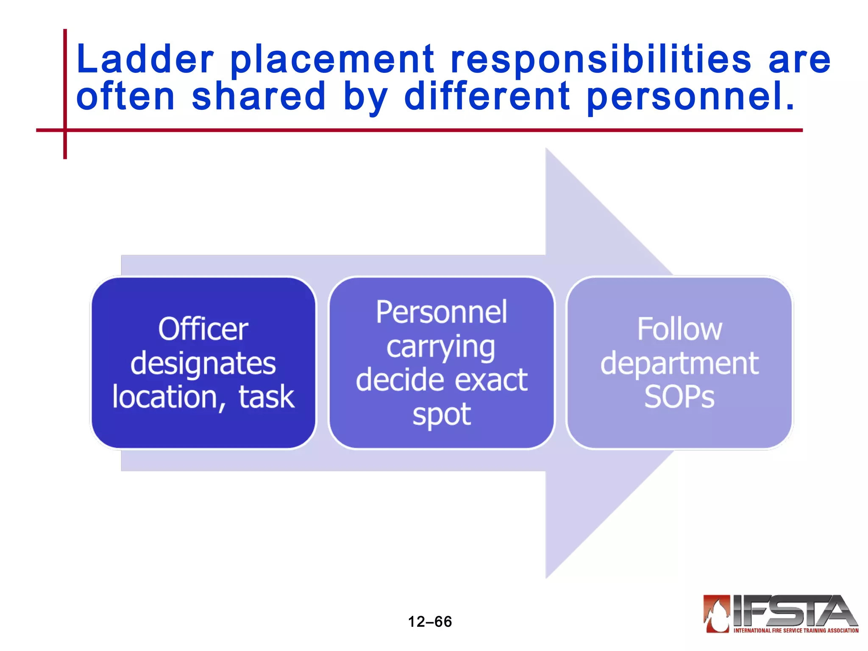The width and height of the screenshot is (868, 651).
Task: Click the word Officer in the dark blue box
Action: pyautogui.click(x=203, y=329)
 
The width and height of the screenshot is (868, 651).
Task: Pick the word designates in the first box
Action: pyautogui.click(x=203, y=364)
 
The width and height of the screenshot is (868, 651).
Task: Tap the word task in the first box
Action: pyautogui.click(x=266, y=398)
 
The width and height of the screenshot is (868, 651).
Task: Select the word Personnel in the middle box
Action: pyautogui.click(x=441, y=312)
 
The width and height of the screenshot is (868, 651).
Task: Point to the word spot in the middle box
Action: pyautogui.click(x=441, y=415)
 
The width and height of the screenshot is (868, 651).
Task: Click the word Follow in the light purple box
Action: pyautogui.click(x=679, y=329)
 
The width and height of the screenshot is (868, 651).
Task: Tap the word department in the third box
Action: pyautogui.click(x=679, y=364)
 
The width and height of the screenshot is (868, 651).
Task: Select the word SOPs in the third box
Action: pyautogui.click(x=679, y=397)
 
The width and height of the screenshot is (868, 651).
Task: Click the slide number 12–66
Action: pyautogui.click(x=430, y=622)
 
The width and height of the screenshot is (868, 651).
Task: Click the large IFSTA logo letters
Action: pyautogui.click(x=793, y=611)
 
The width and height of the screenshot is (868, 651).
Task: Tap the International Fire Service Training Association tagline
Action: pyautogui.click(x=796, y=631)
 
